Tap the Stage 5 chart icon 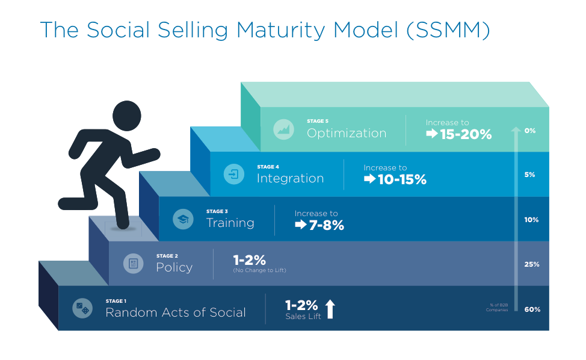click(x=283, y=129)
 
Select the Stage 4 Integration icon click(x=233, y=175)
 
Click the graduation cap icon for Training click(x=183, y=219)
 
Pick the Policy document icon click(x=134, y=264)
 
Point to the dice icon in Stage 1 click(x=82, y=309)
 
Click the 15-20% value click(x=466, y=134)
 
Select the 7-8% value click(x=327, y=225)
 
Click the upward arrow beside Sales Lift click(x=330, y=309)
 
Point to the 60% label click(x=532, y=309)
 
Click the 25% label click(x=532, y=264)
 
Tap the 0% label click(x=530, y=130)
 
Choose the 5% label click(x=530, y=175)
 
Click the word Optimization click(x=347, y=133)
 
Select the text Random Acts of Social click(x=176, y=312)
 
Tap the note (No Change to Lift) click(x=260, y=271)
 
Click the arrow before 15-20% click(x=432, y=134)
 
